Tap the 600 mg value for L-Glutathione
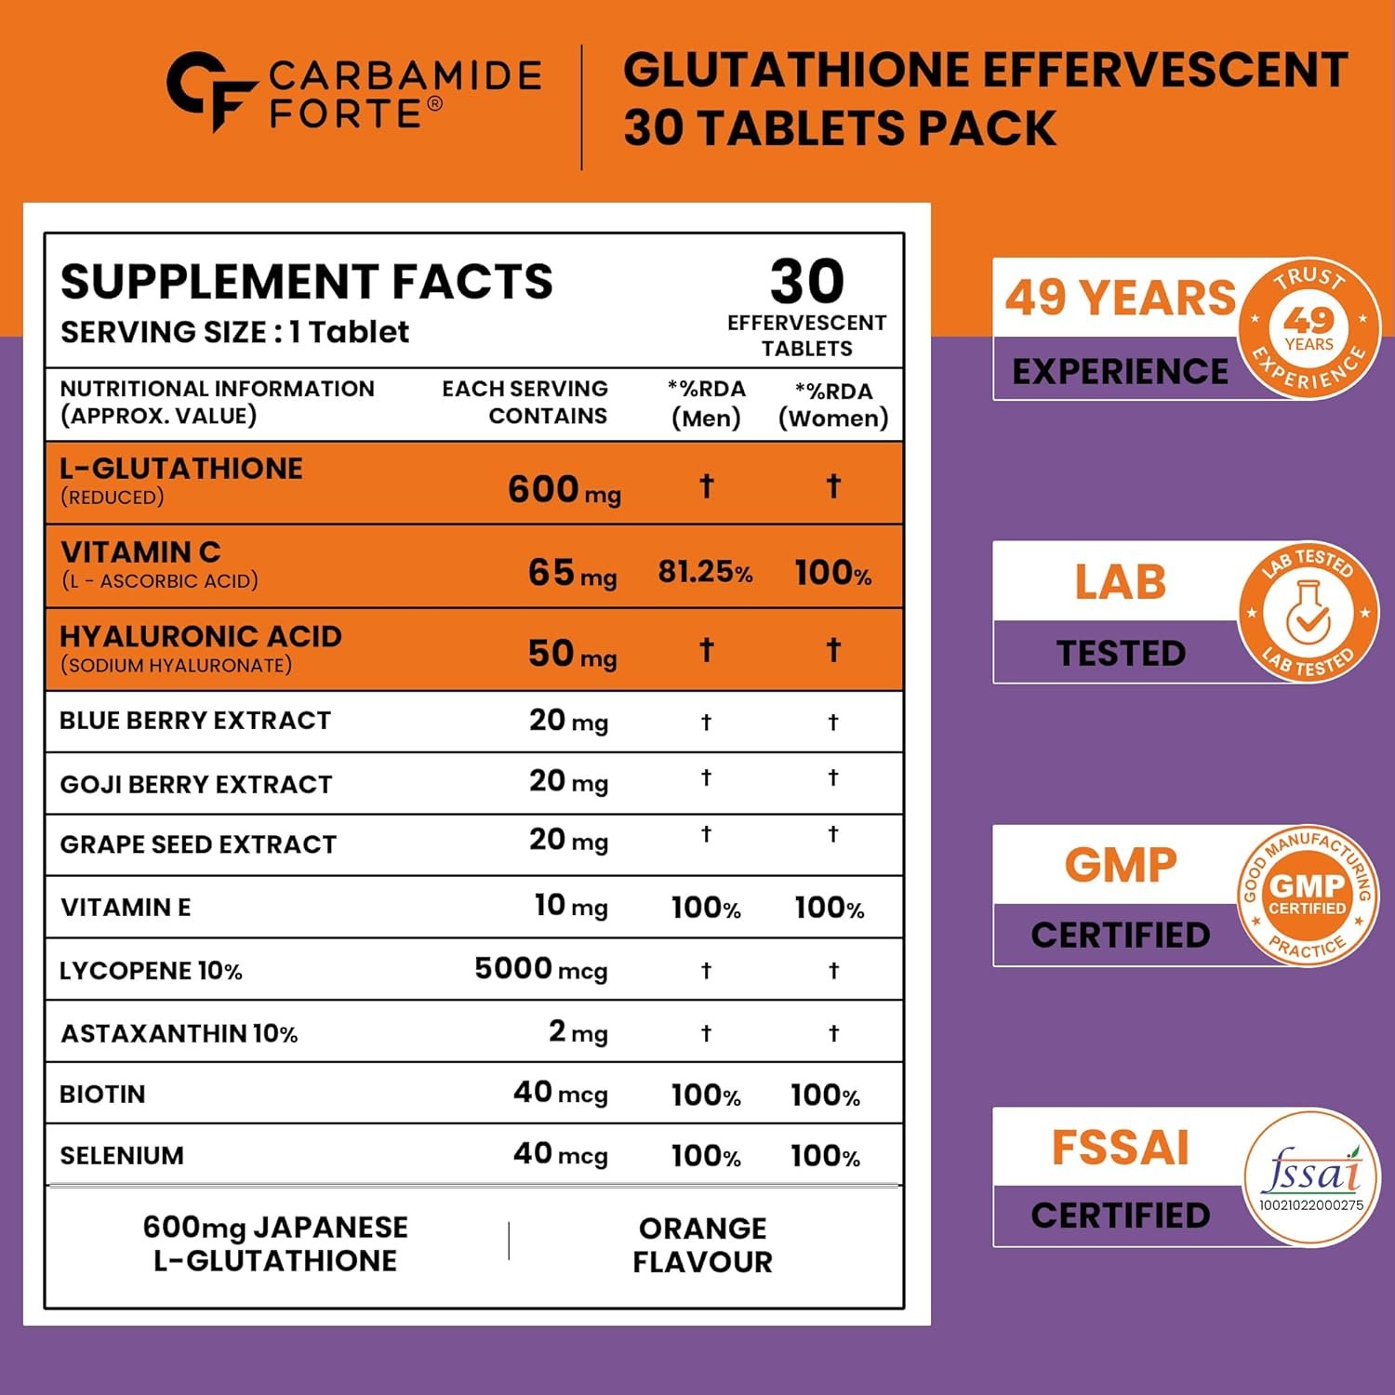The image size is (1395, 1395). [564, 489]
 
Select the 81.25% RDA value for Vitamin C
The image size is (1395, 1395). [705, 572]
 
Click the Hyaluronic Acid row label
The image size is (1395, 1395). [200, 637]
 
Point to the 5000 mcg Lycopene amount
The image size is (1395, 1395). [540, 969]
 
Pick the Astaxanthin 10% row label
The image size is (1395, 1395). [179, 1033]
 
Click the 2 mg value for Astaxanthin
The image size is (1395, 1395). [578, 1031]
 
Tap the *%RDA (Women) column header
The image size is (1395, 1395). [833, 405]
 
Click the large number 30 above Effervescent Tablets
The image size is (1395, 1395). [806, 281]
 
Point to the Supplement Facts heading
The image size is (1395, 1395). [306, 282]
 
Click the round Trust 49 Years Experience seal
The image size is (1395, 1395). [1309, 327]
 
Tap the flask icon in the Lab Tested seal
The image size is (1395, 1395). [1308, 613]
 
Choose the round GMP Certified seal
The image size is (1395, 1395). [1308, 895]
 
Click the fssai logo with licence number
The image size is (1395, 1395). [1311, 1177]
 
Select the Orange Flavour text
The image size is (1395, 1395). [702, 1244]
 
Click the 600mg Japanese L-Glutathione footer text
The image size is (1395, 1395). [275, 1243]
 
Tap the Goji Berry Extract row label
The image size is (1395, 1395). [195, 784]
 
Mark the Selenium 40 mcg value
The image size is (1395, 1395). [560, 1154]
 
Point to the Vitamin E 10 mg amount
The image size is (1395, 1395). [570, 906]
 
